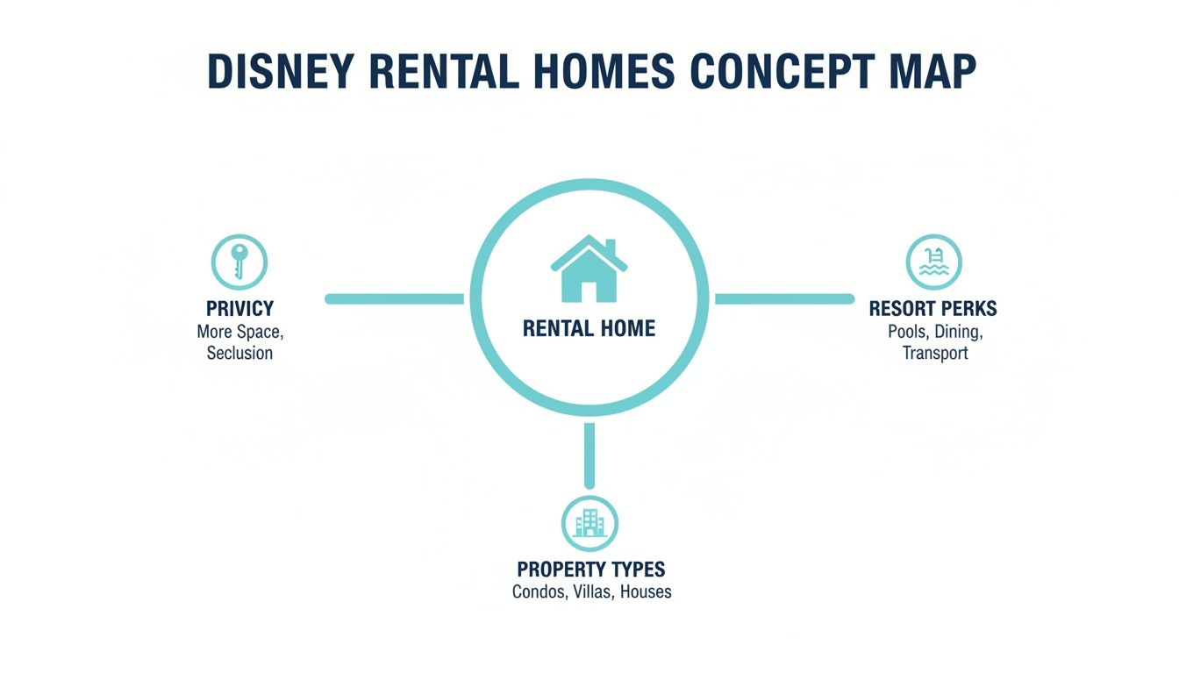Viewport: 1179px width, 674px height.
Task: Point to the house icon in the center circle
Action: click(x=589, y=269)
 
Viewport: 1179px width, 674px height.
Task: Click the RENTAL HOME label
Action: click(x=589, y=329)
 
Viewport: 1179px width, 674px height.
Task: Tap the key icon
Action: click(x=239, y=262)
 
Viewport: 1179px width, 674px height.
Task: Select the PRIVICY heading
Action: click(x=239, y=309)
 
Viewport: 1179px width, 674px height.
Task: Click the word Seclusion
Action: click(x=239, y=354)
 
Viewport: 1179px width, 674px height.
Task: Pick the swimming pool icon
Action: click(x=933, y=262)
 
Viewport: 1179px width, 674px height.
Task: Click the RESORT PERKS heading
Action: click(x=932, y=309)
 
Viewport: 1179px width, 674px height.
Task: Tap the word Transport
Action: click(x=935, y=354)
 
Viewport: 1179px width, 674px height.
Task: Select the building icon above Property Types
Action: click(x=589, y=524)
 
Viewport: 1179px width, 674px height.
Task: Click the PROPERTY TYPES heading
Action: click(x=590, y=569)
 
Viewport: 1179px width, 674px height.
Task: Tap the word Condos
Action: click(x=538, y=592)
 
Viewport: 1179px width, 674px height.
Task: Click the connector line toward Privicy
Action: click(x=395, y=299)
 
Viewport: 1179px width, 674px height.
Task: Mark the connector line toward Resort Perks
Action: click(x=783, y=299)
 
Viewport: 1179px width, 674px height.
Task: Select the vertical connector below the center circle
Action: click(x=589, y=455)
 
